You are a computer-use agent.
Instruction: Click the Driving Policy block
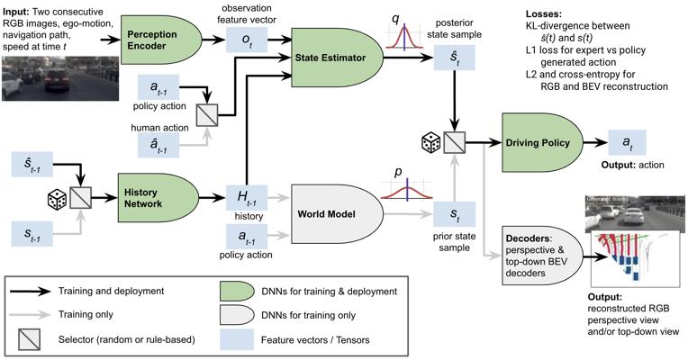pyautogui.click(x=531, y=142)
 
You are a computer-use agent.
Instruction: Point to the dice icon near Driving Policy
pyautogui.click(x=430, y=141)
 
